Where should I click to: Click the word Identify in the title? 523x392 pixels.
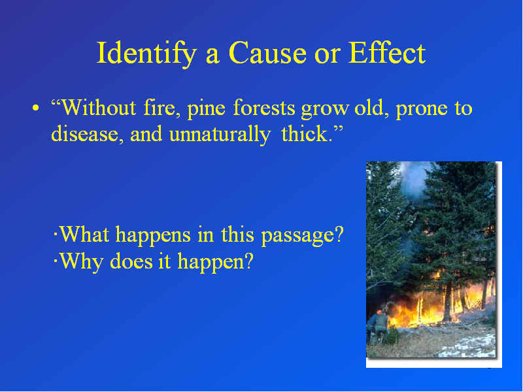coord(146,54)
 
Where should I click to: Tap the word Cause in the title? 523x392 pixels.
coord(267,54)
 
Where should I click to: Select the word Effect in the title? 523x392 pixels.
coord(387,53)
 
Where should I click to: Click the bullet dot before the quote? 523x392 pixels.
coord(36,108)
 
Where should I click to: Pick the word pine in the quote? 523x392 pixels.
coord(206,109)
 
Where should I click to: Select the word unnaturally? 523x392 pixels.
coord(220,135)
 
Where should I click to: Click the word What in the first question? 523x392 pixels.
coord(85,234)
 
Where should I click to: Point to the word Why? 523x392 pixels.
coord(81,262)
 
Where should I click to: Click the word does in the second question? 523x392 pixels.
coord(131,261)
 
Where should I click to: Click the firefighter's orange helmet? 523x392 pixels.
coord(379,312)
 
